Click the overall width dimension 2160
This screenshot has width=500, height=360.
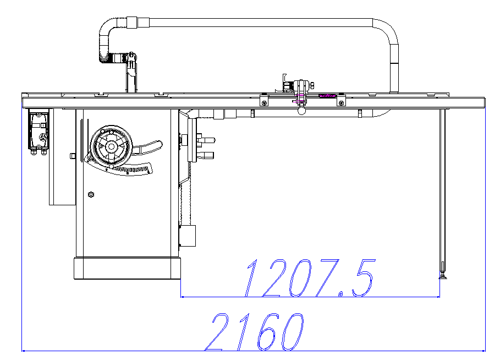(x=254, y=332)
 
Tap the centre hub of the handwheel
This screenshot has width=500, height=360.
(x=111, y=146)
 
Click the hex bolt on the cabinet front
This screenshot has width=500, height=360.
(x=91, y=194)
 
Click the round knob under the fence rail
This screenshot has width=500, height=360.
(x=302, y=111)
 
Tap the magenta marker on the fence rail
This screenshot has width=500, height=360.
(x=327, y=95)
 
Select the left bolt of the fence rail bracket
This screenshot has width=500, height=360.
(x=264, y=103)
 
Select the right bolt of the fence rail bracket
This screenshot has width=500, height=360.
(x=341, y=103)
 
